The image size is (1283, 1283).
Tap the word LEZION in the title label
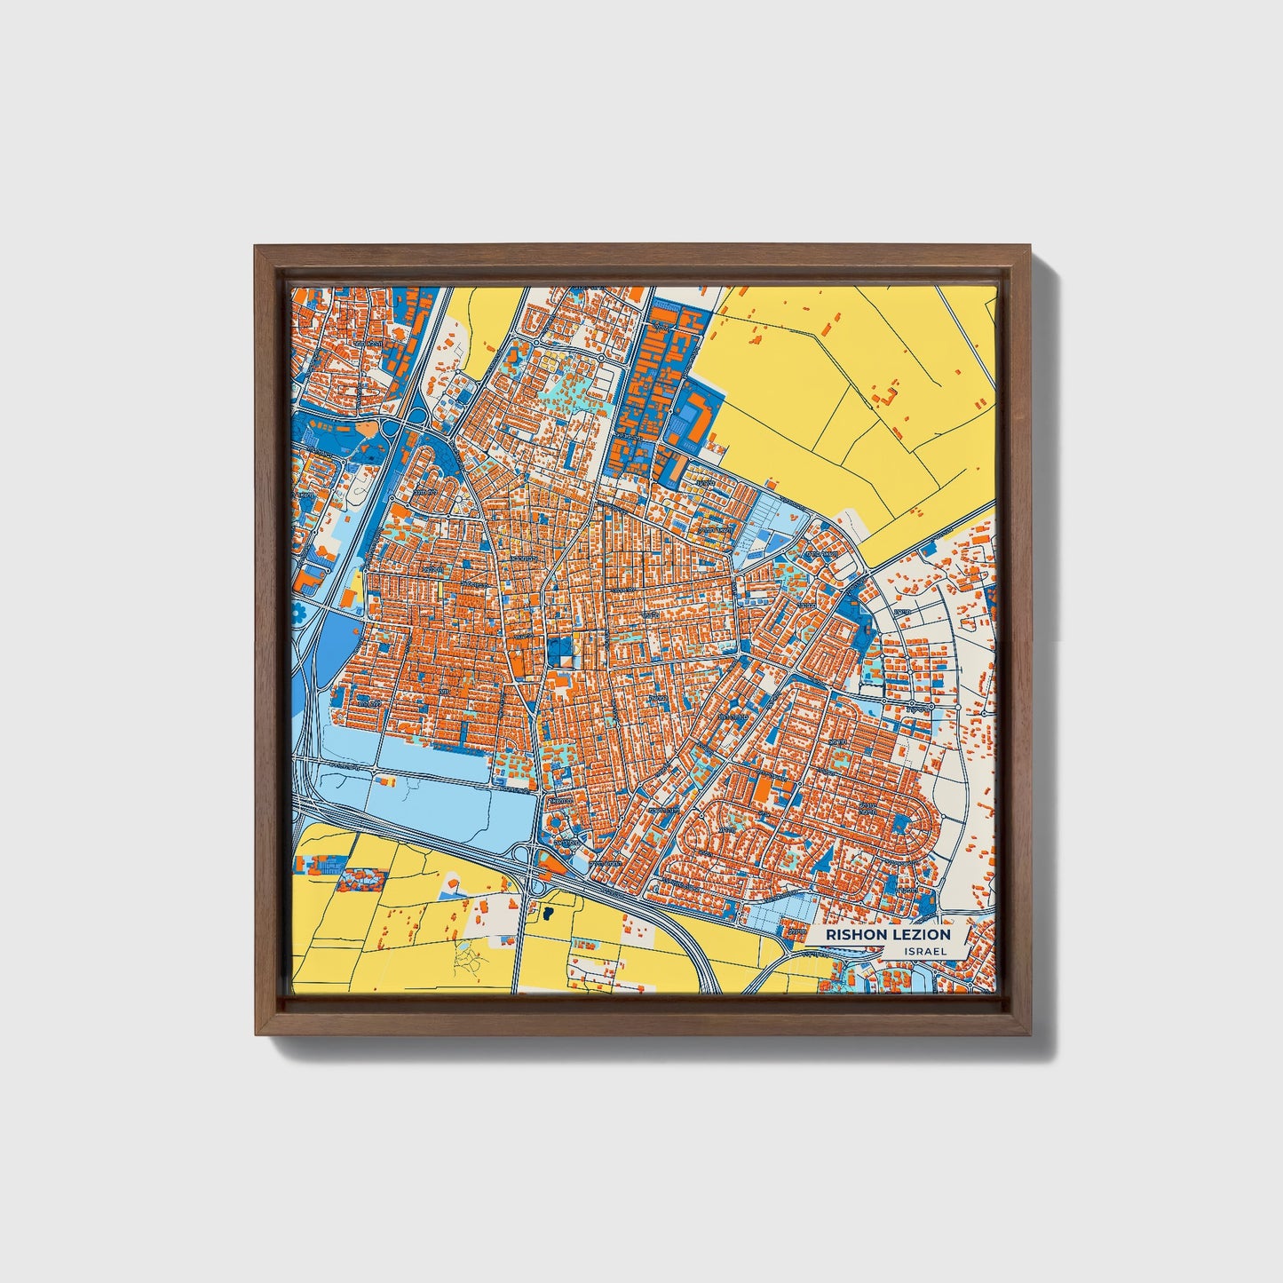[917, 934]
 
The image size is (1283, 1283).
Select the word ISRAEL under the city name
[925, 951]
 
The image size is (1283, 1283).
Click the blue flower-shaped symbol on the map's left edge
[298, 612]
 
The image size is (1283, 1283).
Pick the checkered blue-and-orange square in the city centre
[561, 653]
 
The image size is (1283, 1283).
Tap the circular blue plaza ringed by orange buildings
[560, 834]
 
